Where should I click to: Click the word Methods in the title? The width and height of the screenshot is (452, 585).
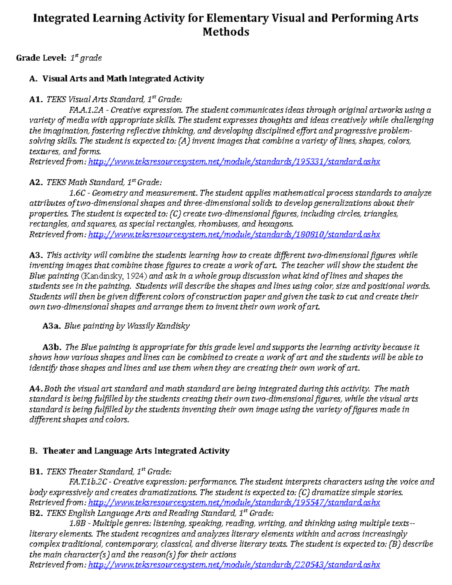[226, 32]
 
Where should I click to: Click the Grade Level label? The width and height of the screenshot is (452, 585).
[41, 58]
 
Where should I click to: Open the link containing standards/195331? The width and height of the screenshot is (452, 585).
[234, 162]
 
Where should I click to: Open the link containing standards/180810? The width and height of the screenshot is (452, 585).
[234, 235]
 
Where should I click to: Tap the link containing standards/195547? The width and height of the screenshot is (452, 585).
[234, 503]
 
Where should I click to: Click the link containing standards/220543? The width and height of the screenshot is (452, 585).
[234, 565]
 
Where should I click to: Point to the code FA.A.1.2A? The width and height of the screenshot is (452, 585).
[86, 110]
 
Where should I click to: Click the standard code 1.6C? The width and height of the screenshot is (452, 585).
[77, 193]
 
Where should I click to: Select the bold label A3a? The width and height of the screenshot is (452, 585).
[52, 326]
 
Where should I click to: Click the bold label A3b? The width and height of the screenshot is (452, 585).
[52, 347]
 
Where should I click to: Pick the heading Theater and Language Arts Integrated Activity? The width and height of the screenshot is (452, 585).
[136, 451]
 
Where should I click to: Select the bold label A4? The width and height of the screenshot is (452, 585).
[36, 389]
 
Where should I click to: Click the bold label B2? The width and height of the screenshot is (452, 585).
[36, 513]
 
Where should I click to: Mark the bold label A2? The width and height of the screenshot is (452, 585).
[36, 183]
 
